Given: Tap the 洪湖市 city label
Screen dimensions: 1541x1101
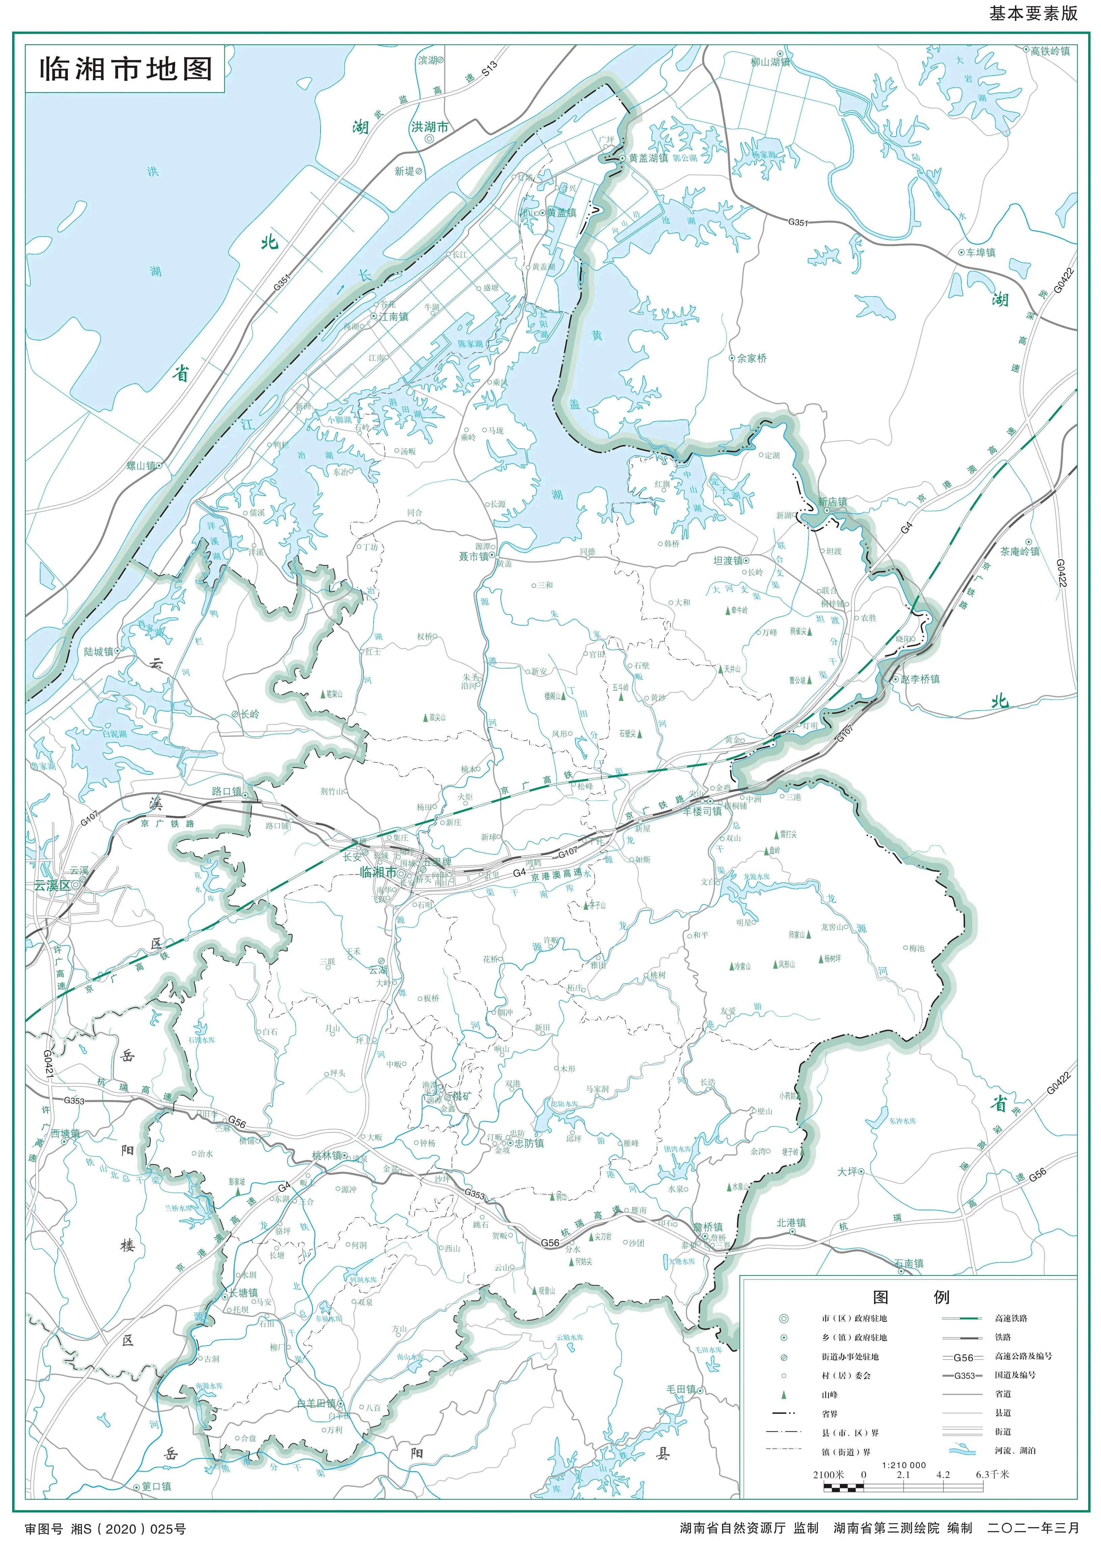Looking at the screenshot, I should (429, 127).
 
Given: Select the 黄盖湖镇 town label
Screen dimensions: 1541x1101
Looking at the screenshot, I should (648, 158).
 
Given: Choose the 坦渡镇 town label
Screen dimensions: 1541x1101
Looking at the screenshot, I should (727, 561).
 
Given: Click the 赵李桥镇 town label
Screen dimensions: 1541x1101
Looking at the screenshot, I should (920, 679).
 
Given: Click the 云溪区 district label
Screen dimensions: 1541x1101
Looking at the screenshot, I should (52, 885).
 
